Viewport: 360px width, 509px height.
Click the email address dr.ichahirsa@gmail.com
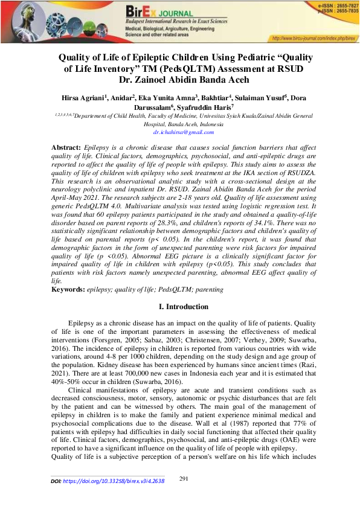pos(179,130)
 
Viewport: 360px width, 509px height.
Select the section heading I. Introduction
pos(180,307)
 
